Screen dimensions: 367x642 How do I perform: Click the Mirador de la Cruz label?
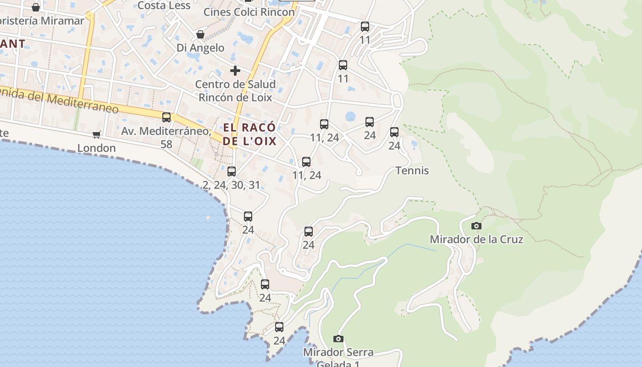pos(476,239)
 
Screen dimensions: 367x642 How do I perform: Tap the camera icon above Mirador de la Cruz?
pos(476,226)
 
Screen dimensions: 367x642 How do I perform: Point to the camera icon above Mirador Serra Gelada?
pos(338,339)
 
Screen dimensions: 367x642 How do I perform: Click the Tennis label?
pos(412,171)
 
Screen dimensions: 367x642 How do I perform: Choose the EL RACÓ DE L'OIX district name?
pos(250,134)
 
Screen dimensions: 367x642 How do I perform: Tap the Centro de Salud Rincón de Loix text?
pos(235,91)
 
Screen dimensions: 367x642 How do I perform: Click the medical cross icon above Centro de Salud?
pos(235,71)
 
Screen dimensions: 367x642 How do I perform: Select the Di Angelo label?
pos(200,48)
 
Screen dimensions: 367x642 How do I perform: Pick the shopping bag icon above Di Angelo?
pos(200,34)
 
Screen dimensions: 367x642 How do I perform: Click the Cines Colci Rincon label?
pos(249,12)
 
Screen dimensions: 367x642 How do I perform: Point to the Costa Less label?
pos(164,6)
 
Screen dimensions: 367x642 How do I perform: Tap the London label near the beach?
pos(96,148)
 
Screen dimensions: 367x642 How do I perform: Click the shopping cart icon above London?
pos(96,134)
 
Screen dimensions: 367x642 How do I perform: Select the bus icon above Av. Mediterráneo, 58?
pos(166,117)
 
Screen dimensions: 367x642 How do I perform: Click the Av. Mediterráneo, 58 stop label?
pos(166,137)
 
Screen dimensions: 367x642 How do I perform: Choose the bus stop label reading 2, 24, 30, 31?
pos(232,185)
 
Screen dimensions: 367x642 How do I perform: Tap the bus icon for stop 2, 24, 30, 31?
pos(232,172)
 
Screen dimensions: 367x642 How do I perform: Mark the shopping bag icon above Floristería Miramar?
pos(36,7)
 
